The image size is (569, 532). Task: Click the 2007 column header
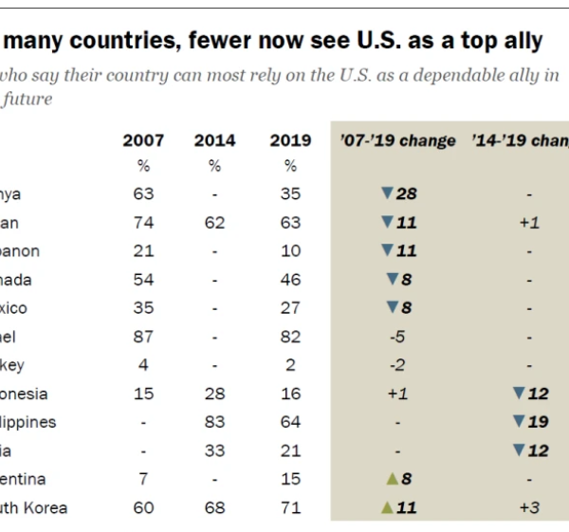(143, 140)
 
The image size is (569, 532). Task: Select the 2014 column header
(215, 140)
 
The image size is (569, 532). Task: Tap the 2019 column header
(290, 140)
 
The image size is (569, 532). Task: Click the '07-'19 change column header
(397, 140)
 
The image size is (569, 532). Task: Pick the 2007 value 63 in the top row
(144, 194)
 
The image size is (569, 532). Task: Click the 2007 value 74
(144, 223)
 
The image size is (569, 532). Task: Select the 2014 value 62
(215, 223)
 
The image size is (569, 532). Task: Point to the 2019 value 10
(290, 251)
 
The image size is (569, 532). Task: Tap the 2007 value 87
(144, 337)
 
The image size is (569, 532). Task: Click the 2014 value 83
(215, 422)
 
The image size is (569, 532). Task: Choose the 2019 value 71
(290, 507)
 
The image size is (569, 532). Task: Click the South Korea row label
(34, 507)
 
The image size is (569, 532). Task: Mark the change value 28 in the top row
(407, 194)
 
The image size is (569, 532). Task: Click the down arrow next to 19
(518, 422)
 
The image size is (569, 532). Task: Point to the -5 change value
(397, 337)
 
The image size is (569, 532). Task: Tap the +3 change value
(529, 507)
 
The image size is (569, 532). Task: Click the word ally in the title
(518, 41)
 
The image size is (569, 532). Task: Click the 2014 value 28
(215, 394)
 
